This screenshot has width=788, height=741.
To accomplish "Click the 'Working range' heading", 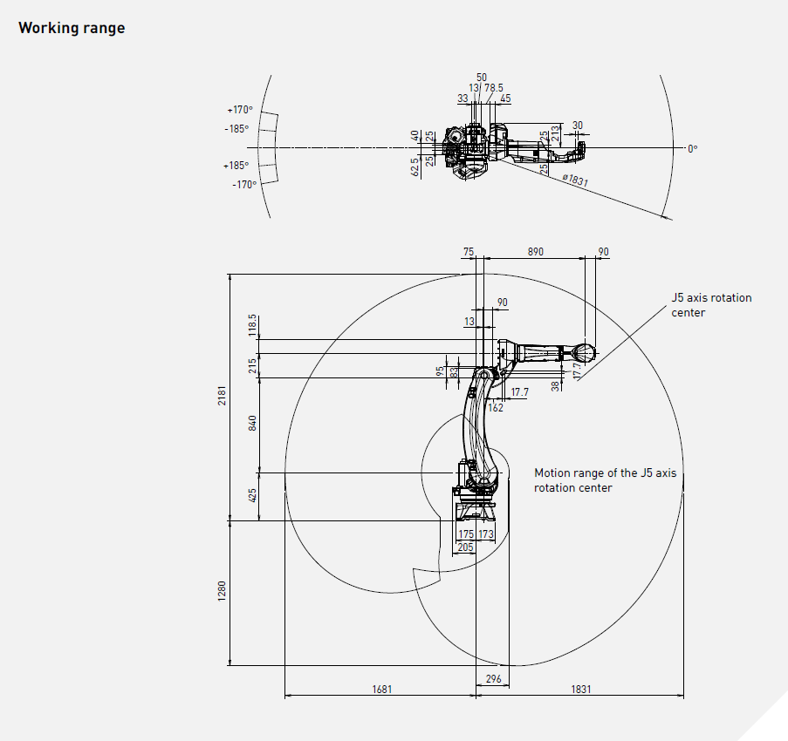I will click(72, 28).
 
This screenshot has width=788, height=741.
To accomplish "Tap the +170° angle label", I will click(240, 110).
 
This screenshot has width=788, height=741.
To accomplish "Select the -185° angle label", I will click(236, 128).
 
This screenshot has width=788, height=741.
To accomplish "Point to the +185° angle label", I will click(236, 166).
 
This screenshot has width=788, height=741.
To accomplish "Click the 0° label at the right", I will click(692, 149).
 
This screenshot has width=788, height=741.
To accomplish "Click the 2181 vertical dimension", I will click(222, 397).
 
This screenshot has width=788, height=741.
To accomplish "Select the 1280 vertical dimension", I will click(222, 593).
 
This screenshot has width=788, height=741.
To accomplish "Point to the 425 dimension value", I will click(253, 497).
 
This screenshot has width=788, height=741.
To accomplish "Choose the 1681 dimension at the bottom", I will click(381, 689).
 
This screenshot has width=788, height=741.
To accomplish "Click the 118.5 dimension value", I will click(253, 325).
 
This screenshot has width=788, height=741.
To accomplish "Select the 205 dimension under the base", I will click(465, 547).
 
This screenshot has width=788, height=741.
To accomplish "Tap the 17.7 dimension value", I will click(519, 392).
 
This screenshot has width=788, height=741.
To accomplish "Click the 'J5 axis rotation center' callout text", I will click(710, 305).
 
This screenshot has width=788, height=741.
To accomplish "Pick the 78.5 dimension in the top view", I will click(494, 87).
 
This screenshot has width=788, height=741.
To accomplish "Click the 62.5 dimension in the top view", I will click(415, 167).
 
